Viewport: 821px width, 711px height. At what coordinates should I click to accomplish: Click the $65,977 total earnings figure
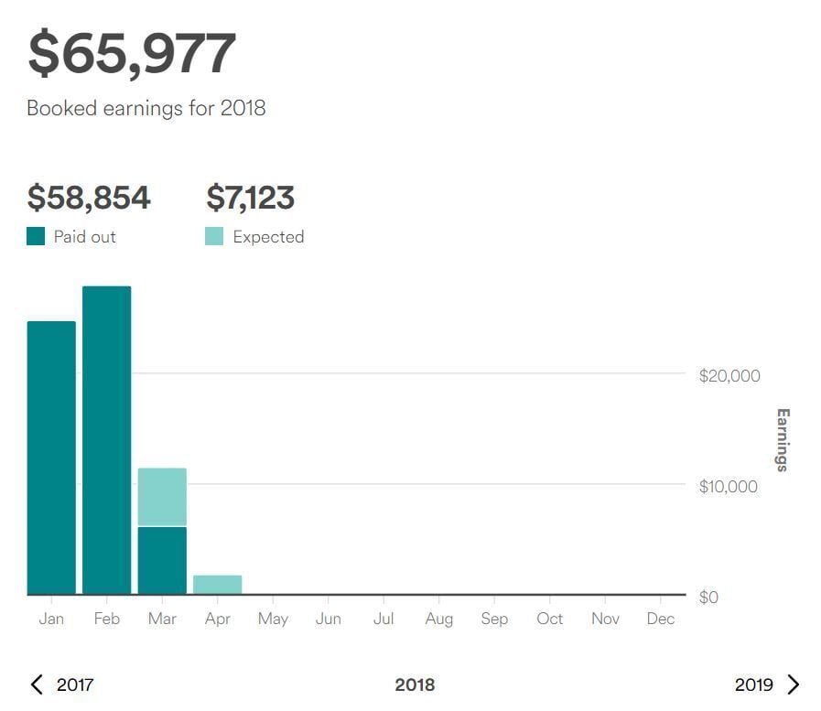132,54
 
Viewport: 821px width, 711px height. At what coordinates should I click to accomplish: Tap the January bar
51,458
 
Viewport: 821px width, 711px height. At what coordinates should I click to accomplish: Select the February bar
106,440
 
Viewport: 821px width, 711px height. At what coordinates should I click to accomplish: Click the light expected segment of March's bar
162,497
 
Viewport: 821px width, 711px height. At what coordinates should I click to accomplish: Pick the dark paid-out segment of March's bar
162,560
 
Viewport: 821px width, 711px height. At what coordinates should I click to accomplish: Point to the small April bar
217,584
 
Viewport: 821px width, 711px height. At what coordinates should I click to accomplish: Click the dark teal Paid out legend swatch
36,237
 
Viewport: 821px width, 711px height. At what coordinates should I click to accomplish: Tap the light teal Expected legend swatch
214,237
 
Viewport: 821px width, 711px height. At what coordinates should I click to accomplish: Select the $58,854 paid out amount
89,198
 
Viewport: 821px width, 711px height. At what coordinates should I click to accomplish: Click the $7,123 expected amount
250,198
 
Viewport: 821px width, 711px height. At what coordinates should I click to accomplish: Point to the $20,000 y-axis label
729,376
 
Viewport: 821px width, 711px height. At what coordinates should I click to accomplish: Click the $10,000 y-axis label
729,486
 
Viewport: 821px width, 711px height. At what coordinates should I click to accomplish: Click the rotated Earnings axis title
782,440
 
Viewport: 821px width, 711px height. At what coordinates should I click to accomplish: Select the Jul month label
383,619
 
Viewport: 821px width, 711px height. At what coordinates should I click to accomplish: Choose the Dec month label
660,619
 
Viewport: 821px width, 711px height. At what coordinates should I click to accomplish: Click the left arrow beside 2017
37,684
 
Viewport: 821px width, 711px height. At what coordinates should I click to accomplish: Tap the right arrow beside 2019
794,684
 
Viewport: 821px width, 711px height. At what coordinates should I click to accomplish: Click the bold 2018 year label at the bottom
415,684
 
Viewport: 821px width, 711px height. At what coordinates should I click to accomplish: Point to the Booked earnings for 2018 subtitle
146,108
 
